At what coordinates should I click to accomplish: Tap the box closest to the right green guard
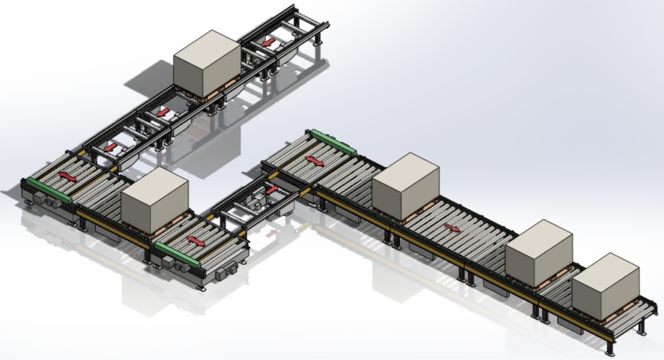point(406,185)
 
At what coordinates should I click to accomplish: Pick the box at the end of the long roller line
point(606,286)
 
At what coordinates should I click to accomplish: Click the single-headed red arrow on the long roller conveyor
point(453,227)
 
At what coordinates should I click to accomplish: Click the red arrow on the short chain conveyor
point(272,190)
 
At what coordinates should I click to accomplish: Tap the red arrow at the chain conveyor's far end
point(269,42)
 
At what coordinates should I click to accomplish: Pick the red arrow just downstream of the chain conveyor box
point(163,113)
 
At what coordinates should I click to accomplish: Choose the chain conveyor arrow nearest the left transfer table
point(110,146)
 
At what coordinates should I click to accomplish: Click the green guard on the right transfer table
point(333,140)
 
